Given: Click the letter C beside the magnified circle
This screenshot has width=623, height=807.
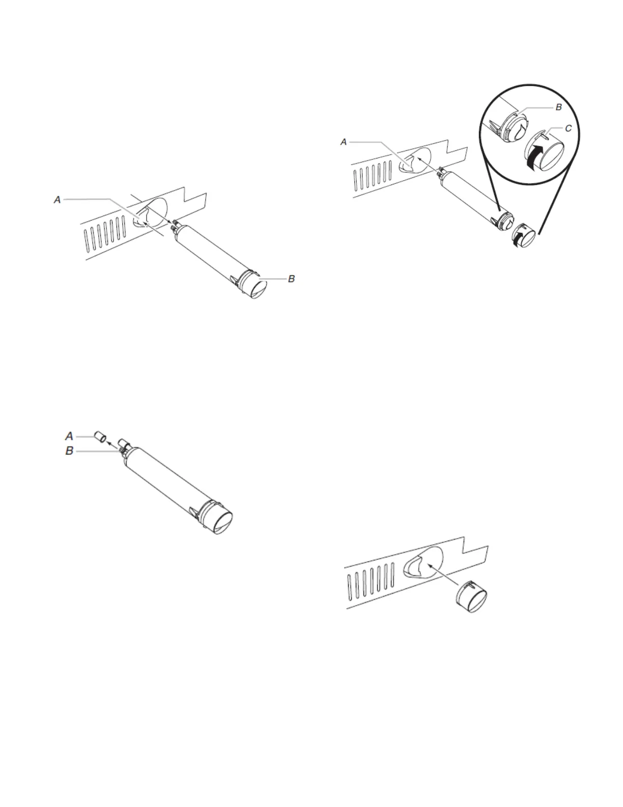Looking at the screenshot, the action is pyautogui.click(x=568, y=129).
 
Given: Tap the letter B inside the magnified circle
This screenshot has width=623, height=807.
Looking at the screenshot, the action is pyautogui.click(x=558, y=107).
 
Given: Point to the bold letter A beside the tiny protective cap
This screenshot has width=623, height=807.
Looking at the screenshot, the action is pyautogui.click(x=69, y=436).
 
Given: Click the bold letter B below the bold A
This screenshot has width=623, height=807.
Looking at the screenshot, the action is pyautogui.click(x=69, y=451).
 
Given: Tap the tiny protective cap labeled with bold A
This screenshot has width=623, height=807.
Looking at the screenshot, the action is pyautogui.click(x=100, y=437).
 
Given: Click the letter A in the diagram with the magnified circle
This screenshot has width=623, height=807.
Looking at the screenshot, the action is pyautogui.click(x=344, y=142).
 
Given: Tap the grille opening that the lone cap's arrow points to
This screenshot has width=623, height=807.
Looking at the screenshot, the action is pyautogui.click(x=421, y=563).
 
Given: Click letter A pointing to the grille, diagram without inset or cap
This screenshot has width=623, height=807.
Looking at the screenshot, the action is pyautogui.click(x=58, y=200).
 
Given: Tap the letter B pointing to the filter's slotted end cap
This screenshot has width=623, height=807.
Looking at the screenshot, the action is pyautogui.click(x=291, y=279).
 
